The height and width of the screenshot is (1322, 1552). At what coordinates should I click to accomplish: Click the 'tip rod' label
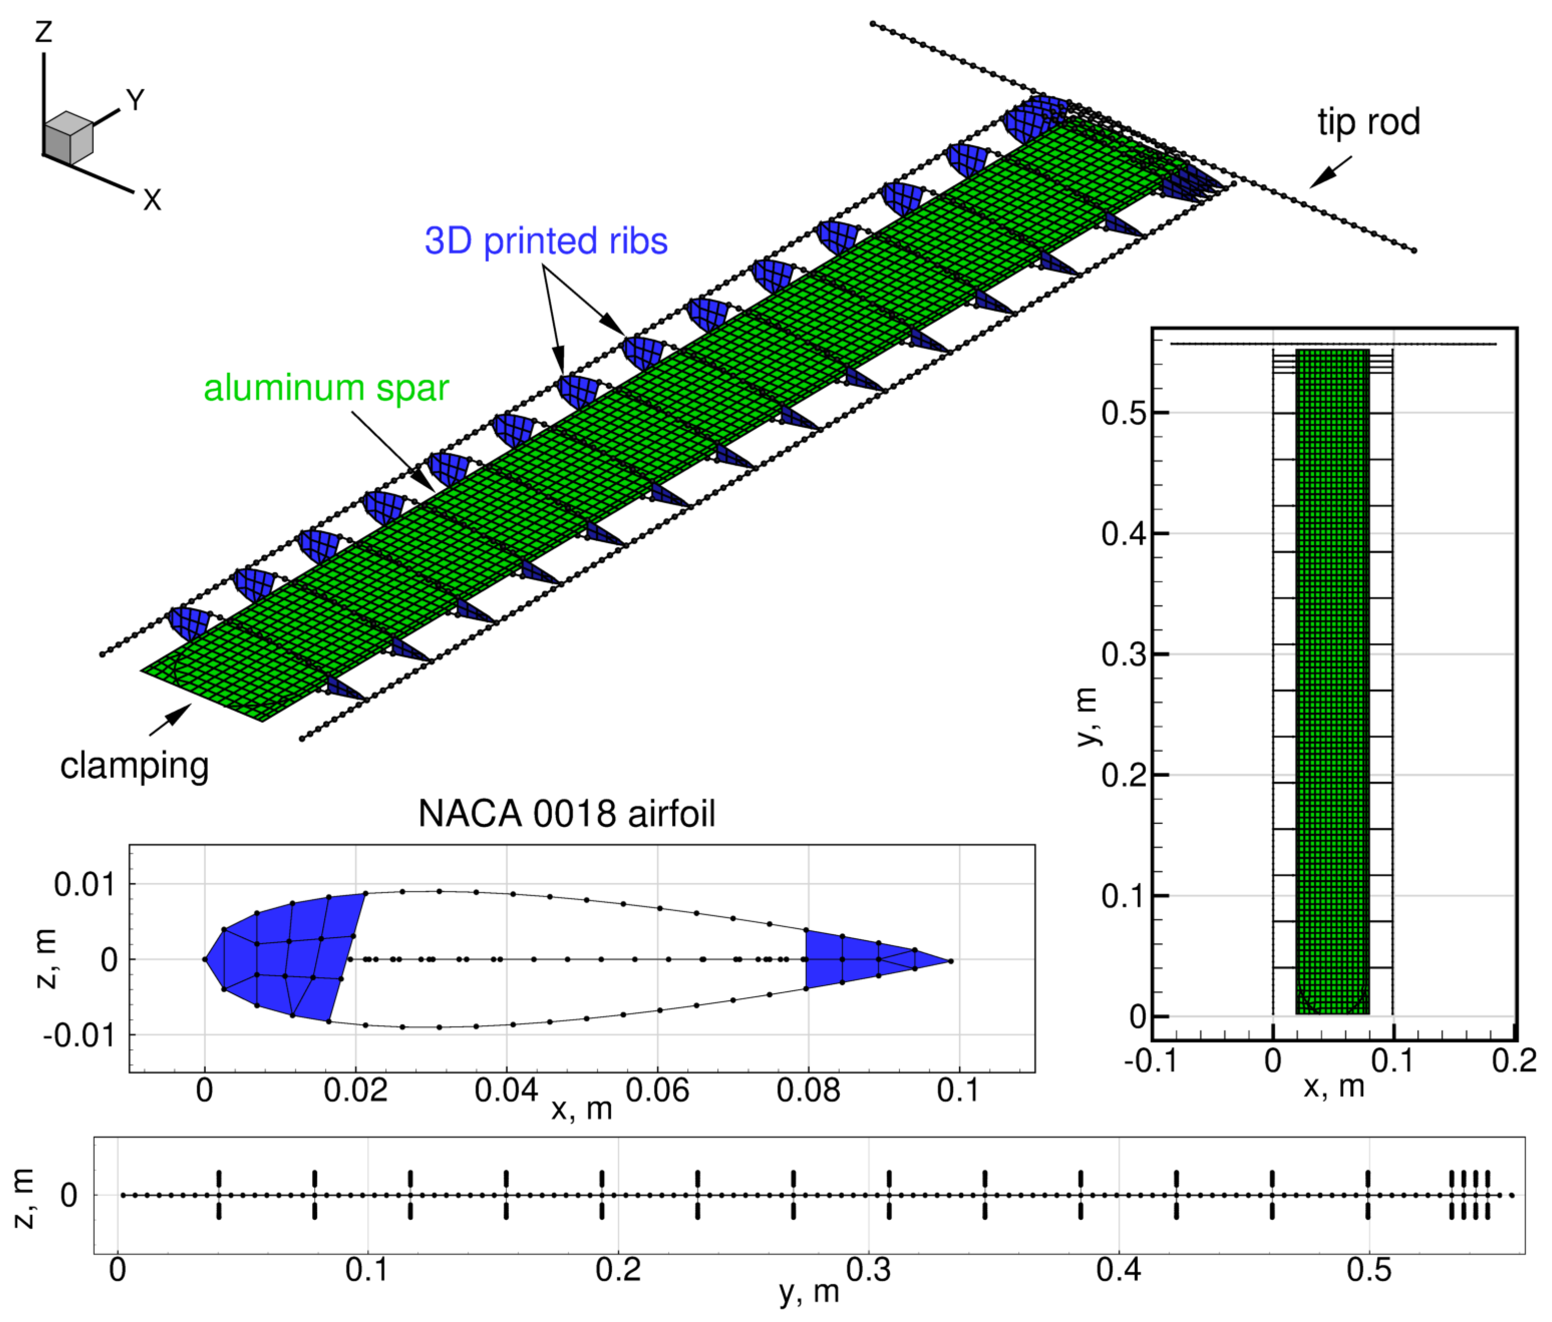(1368, 122)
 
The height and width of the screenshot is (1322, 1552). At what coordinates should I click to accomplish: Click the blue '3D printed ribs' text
(545, 241)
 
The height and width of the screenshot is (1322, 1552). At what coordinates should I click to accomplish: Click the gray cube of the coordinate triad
(68, 138)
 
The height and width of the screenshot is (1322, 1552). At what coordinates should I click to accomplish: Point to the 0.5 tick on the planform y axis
(1123, 413)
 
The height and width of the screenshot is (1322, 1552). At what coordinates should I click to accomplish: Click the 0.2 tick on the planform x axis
(1514, 1061)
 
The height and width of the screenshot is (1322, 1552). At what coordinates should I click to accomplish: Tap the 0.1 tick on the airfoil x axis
(958, 1090)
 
